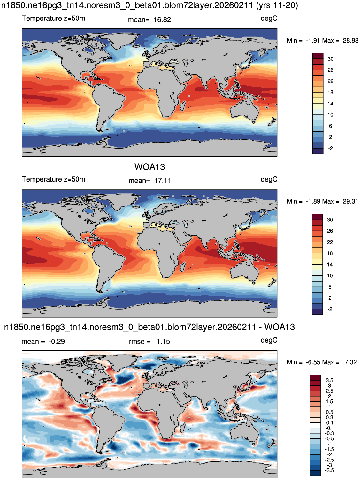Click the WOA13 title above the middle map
pos(149,167)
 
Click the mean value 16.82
pos(162,20)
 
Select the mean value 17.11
pos(162,181)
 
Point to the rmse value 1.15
pos(163,342)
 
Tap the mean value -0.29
pos(57,342)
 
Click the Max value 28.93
pos(350,41)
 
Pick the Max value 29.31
pos(350,201)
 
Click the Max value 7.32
pos(350,362)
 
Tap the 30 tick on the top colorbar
pos(330,59)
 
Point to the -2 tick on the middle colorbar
pos(330,309)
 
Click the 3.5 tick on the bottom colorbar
pos(329,380)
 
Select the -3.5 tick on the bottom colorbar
pos(329,471)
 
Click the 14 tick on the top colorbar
pos(330,104)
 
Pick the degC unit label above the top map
pos(269,18)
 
